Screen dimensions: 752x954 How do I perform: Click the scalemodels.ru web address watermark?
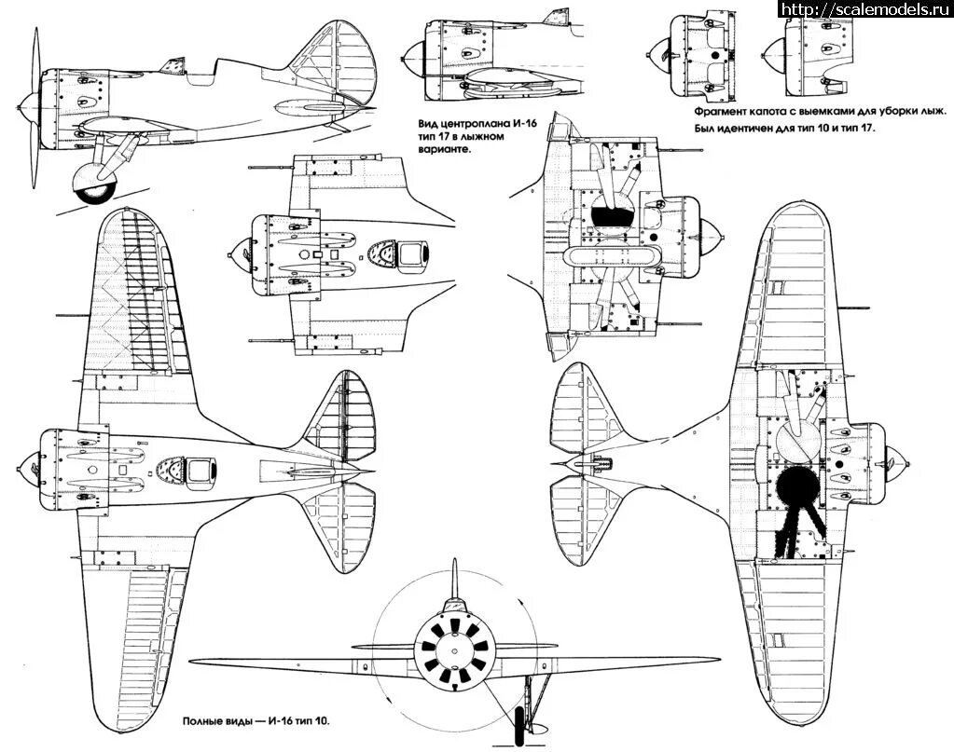(x=859, y=9)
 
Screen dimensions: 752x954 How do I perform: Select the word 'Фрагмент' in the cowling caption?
(x=724, y=110)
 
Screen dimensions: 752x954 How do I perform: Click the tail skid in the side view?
(x=343, y=123)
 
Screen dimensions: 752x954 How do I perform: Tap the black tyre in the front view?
(x=519, y=725)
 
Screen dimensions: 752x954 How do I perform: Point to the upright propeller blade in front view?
(x=452, y=582)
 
